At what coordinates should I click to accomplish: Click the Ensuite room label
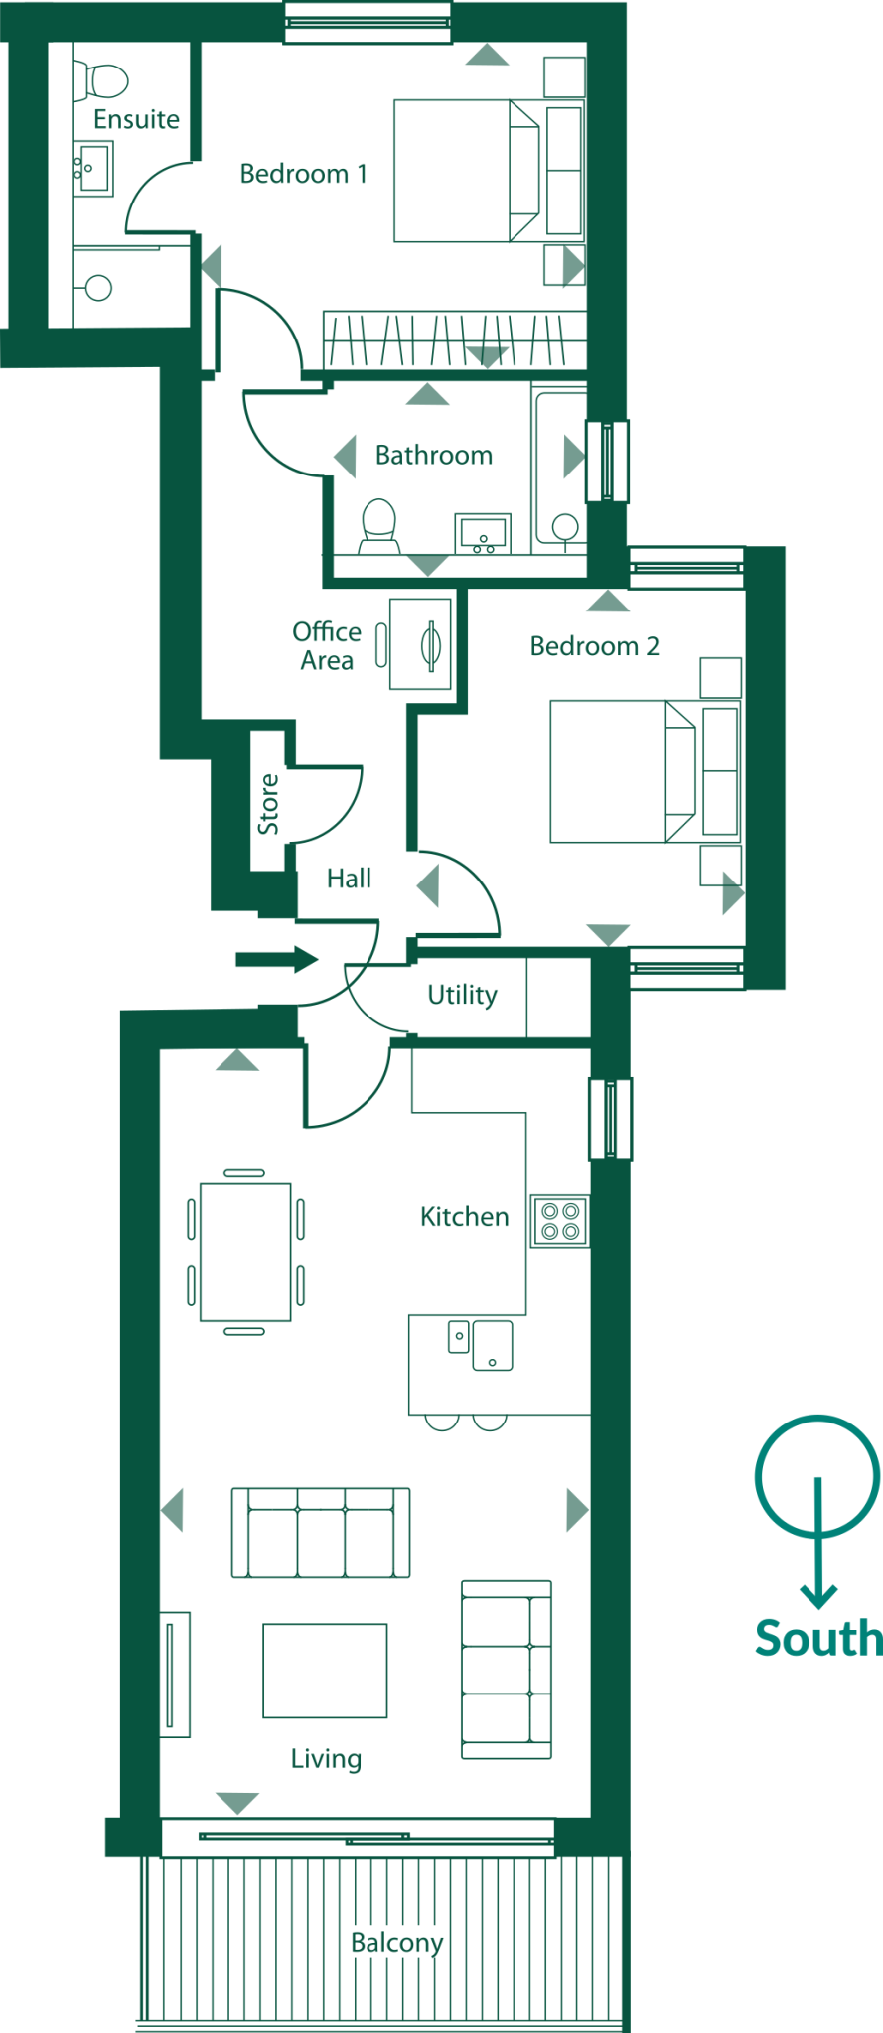pos(136,119)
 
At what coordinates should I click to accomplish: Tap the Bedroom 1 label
pos(303,174)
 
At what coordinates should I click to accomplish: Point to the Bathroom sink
pos(483,534)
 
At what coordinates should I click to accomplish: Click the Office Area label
pos(327,646)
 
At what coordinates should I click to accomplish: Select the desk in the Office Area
pos(420,643)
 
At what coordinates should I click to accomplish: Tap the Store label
pos(268,804)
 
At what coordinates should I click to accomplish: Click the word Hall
pos(349,879)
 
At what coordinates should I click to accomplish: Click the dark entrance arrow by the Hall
pos(276,959)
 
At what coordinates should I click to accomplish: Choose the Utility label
pos(462,995)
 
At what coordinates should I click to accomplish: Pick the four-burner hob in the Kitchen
pos(560,1221)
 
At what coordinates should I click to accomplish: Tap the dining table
pos(245,1252)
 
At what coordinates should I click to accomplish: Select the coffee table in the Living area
pos(325,1671)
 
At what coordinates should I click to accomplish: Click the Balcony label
pos(396,1943)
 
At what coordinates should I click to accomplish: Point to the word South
pos(818,1639)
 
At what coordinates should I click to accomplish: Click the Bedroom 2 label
pos(594,646)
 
